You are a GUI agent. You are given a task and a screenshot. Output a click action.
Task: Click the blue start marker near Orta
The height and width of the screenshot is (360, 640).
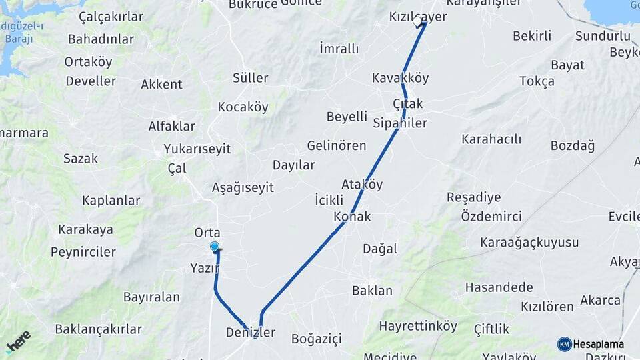pos(215,247)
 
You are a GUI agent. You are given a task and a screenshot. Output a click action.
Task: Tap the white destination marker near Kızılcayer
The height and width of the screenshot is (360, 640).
pos(418,22)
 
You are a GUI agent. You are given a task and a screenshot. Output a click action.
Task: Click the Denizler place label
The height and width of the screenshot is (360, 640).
pos(250,332)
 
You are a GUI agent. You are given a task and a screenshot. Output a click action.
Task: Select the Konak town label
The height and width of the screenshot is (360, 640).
pos(352,217)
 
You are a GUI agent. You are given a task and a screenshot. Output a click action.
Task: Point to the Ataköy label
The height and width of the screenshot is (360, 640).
pos(362,185)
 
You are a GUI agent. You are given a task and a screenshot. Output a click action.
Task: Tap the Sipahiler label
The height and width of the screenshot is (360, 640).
pos(400,123)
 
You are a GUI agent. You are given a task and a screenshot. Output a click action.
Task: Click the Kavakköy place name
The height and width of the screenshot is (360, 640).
pos(400,78)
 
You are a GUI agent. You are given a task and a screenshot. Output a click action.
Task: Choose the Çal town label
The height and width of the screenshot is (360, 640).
pos(177,169)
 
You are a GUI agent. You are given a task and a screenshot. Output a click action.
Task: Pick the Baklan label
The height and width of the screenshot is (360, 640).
pos(372,291)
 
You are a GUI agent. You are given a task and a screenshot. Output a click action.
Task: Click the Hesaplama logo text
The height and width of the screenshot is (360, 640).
pos(599,344)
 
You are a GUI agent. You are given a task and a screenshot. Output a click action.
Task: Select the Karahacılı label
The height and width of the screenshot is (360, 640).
pos(491,139)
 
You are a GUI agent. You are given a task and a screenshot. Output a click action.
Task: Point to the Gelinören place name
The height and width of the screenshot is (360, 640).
pos(337,145)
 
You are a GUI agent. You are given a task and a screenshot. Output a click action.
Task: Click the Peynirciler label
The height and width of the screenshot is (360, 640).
pos(83,252)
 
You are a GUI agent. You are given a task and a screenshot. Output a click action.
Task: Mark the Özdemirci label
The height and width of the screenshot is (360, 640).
pos(491,216)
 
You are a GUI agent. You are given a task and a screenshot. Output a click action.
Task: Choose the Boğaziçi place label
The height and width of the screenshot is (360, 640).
pos(316,339)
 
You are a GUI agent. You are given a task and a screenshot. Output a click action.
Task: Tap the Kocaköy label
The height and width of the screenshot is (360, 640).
pos(243,107)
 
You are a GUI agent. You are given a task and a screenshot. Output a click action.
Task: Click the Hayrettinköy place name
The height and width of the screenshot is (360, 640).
pos(418,326)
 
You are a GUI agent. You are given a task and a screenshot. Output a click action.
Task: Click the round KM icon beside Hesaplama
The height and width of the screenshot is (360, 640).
pos(565,344)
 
